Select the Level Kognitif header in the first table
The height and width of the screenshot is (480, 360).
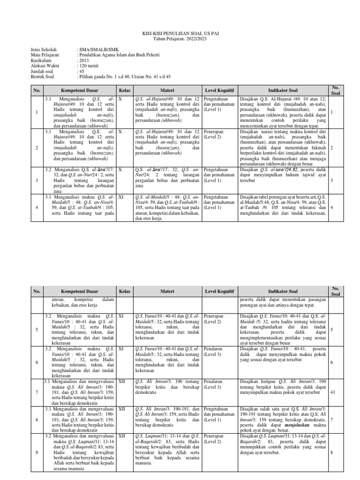point(219,90)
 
